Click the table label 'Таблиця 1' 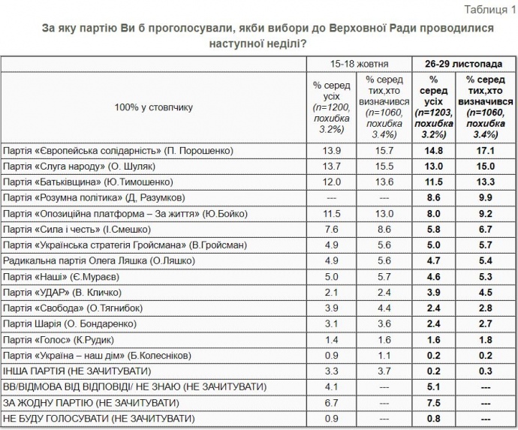[x=490, y=9]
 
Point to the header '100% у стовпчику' [x=154, y=107]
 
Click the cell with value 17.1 [x=486, y=151]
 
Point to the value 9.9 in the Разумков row [x=486, y=198]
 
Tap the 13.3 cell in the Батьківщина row [x=486, y=182]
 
